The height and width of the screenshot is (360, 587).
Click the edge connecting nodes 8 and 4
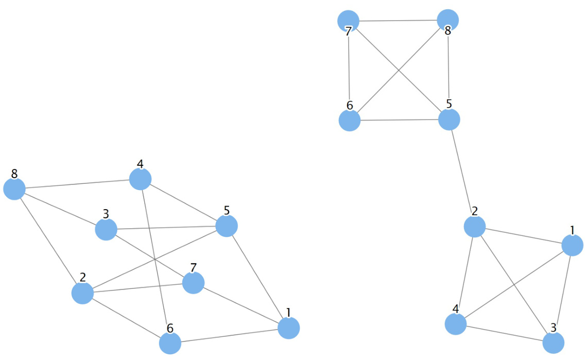click(x=77, y=184)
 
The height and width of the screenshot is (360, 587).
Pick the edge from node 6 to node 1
click(x=229, y=335)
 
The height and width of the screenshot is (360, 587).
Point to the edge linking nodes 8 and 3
click(x=60, y=209)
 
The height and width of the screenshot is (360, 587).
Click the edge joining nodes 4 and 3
click(x=505, y=333)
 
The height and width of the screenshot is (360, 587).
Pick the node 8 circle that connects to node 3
click(x=14, y=189)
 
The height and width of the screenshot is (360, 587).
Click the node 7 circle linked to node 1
click(x=193, y=282)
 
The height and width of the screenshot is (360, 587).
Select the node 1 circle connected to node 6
click(x=288, y=328)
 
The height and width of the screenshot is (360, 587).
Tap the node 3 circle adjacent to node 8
click(x=106, y=229)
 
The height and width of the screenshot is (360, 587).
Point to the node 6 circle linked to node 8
click(x=350, y=121)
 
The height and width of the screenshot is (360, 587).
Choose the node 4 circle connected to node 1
click(x=456, y=324)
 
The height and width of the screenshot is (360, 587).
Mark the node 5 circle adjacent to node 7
click(x=449, y=119)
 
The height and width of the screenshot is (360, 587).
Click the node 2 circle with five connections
click(x=82, y=293)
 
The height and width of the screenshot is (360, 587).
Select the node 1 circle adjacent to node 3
click(x=572, y=245)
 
